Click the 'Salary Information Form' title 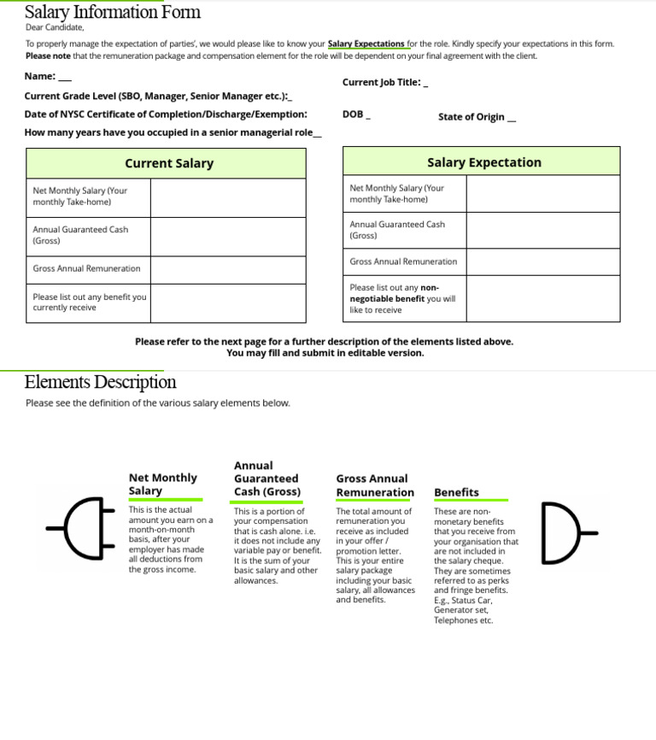pos(113,12)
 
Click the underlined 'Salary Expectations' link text pos(366,44)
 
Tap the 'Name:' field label pos(40,76)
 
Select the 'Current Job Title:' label pos(382,82)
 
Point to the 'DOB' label pos(353,115)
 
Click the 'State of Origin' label pos(471,117)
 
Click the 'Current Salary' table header pos(169,163)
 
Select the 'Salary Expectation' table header pos(483,162)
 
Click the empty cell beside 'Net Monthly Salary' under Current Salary pos(227,197)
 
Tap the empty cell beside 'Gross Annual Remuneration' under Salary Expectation pos(542,261)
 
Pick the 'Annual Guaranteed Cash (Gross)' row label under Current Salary pos(80,235)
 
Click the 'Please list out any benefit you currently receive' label pos(89,302)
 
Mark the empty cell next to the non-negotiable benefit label pos(542,298)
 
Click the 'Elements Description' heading pos(101,382)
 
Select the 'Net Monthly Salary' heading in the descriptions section pos(162,484)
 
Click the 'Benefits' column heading pos(456,492)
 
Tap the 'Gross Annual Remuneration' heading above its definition pos(374,485)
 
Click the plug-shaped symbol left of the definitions pos(81,528)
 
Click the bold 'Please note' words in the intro pos(48,56)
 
